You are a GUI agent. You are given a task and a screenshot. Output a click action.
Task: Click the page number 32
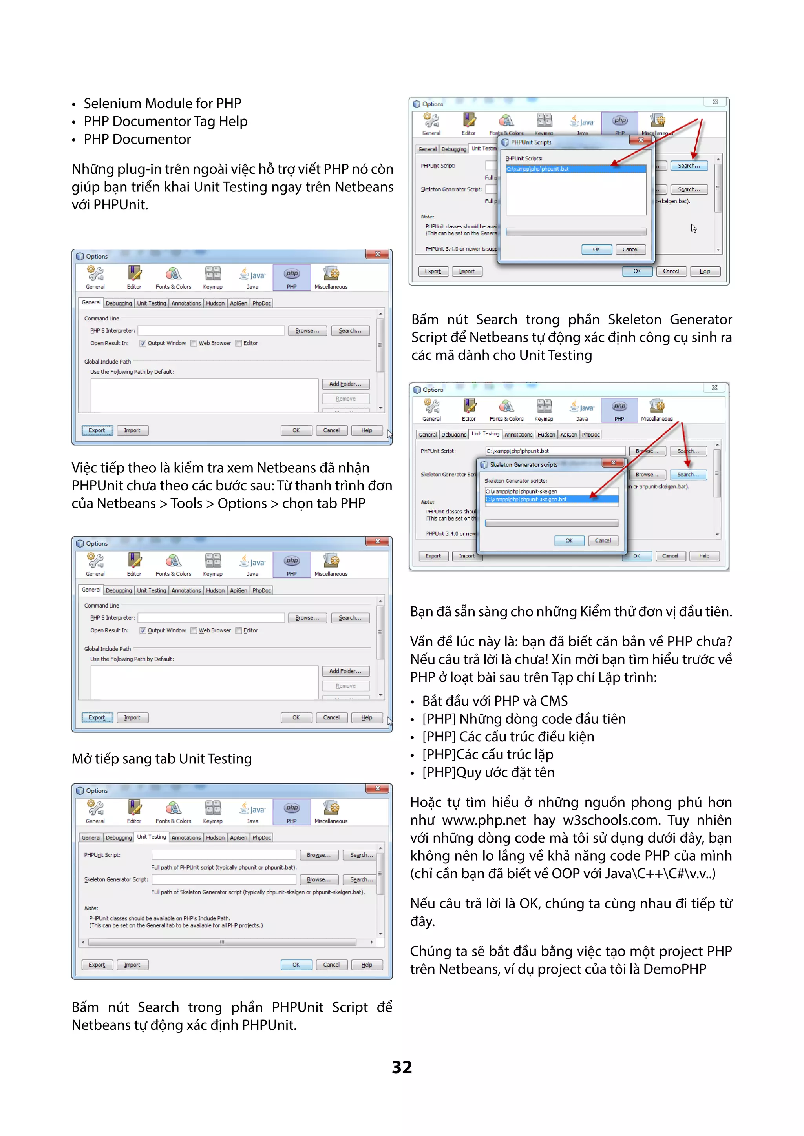click(402, 1067)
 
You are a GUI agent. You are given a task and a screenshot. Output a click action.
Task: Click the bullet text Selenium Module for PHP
click(162, 104)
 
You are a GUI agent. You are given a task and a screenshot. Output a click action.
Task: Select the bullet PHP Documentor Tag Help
click(165, 121)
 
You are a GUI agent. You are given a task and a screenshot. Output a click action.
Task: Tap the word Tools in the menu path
click(186, 503)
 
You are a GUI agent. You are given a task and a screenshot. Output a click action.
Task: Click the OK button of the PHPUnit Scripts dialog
click(596, 249)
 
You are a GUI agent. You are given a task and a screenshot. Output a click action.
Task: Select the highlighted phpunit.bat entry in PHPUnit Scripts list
click(575, 169)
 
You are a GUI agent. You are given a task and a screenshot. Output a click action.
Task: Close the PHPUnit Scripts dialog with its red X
click(641, 140)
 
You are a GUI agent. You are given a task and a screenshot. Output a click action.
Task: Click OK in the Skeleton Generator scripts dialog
click(569, 540)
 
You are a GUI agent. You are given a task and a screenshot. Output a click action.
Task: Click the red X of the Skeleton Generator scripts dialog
click(613, 462)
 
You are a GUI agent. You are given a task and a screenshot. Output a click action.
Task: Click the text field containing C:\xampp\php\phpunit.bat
click(554, 451)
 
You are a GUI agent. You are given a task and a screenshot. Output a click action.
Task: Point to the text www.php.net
click(483, 820)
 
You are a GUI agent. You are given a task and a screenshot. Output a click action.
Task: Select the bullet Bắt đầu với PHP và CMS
click(495, 701)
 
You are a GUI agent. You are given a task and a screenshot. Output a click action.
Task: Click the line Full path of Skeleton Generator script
click(258, 892)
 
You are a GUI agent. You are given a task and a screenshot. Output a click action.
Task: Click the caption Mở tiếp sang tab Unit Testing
click(161, 759)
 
